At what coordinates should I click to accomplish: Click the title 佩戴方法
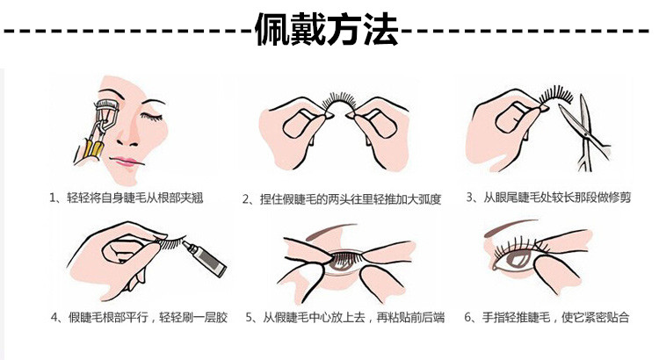pos(326,29)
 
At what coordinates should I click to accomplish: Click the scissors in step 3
pos(584,133)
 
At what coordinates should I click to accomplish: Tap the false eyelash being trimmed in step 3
pos(555,96)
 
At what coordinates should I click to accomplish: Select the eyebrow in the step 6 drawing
pos(510,227)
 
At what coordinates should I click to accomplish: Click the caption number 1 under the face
pos(53,198)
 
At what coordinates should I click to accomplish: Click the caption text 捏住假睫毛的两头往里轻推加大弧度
pos(351,198)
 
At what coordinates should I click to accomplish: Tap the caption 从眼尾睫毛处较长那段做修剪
pos(557,197)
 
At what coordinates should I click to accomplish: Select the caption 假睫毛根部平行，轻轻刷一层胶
pos(148,317)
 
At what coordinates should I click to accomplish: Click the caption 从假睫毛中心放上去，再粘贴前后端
pos(353,318)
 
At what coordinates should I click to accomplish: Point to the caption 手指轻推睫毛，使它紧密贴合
pos(555,317)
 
